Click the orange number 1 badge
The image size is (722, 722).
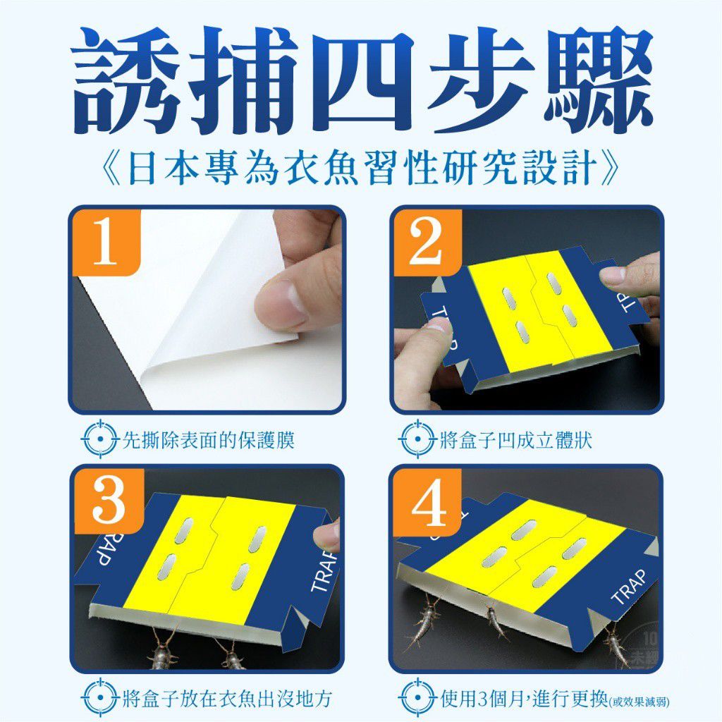(105, 242)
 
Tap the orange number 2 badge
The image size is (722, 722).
(426, 242)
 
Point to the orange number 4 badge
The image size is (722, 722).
(428, 502)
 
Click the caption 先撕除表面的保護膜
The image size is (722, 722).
(208, 441)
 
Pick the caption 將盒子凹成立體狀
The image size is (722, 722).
(515, 441)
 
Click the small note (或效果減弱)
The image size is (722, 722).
(640, 702)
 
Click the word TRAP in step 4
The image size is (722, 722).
(630, 586)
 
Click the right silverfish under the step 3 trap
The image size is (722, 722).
(231, 656)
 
